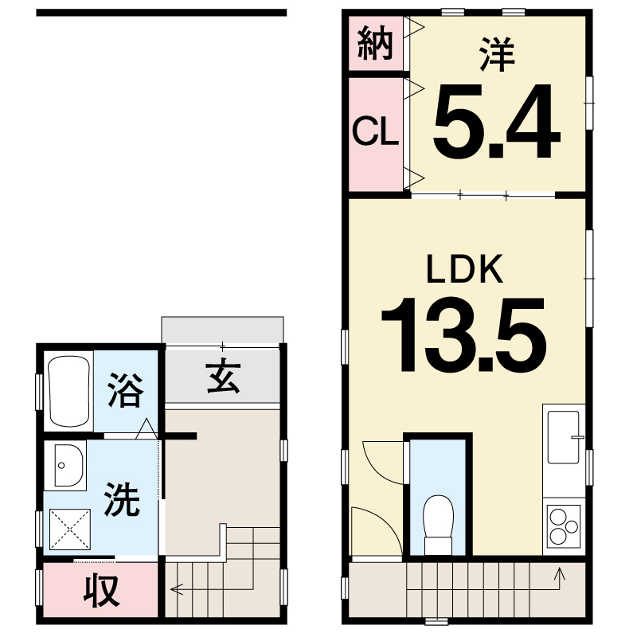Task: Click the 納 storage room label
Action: (x=375, y=43)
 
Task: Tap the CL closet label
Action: (x=375, y=131)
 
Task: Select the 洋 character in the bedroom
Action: (x=497, y=54)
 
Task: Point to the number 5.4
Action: (x=496, y=121)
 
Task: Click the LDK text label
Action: (x=465, y=268)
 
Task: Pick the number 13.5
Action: (x=464, y=334)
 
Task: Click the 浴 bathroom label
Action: (x=126, y=389)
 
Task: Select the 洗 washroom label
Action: (x=122, y=499)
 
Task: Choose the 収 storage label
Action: (x=101, y=590)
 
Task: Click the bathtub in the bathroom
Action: (x=69, y=391)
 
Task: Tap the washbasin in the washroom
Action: (x=68, y=466)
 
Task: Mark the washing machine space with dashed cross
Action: (x=70, y=529)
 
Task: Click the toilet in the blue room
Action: (x=438, y=525)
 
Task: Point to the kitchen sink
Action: (x=564, y=437)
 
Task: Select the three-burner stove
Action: (x=564, y=526)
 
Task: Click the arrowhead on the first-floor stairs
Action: (x=176, y=589)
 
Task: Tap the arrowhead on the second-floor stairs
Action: (x=559, y=572)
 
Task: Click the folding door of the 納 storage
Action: (x=414, y=27)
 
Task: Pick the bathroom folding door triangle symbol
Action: (x=147, y=428)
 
